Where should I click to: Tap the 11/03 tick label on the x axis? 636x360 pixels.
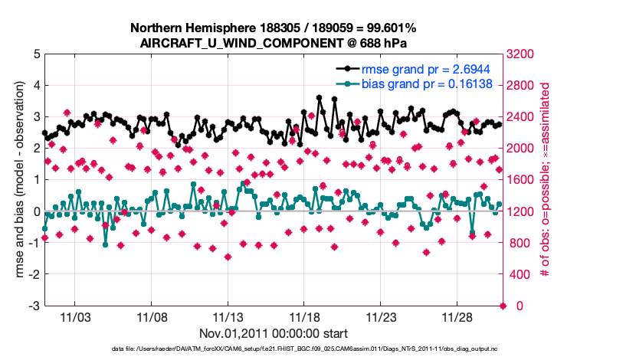[75, 316]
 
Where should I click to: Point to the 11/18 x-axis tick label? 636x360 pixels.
[305, 316]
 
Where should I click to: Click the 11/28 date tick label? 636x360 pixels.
[458, 316]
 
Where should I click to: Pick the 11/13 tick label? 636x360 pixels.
[228, 316]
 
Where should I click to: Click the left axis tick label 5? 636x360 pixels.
[37, 54]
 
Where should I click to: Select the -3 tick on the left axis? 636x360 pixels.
[34, 306]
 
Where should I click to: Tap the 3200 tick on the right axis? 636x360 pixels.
[521, 54]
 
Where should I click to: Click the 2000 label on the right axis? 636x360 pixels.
[521, 149]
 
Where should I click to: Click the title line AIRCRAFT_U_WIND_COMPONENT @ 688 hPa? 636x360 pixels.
[274, 43]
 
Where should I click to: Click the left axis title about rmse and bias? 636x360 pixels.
[17, 180]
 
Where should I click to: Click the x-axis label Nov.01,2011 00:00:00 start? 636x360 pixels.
[274, 334]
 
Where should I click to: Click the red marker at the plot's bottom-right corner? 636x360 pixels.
[503, 306]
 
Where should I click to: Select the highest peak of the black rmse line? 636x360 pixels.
[320, 98]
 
